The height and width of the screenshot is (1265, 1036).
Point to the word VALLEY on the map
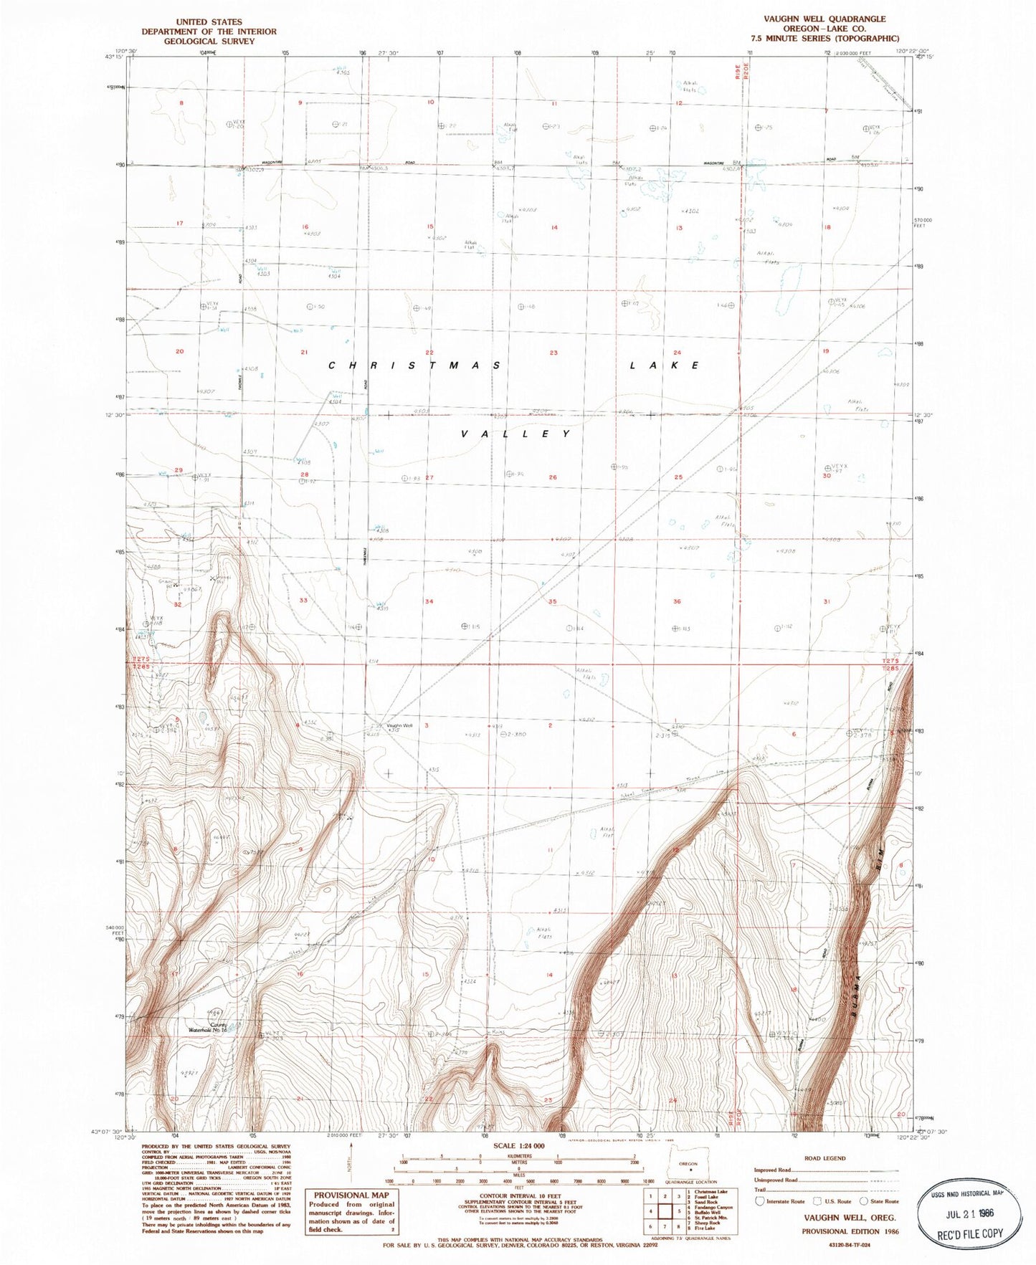515,434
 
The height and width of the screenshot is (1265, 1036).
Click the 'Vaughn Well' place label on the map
400,725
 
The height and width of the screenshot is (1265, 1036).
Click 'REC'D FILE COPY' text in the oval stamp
971,1233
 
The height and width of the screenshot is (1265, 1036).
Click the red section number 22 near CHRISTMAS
429,352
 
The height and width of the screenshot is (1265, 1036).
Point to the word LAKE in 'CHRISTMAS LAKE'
665,366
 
